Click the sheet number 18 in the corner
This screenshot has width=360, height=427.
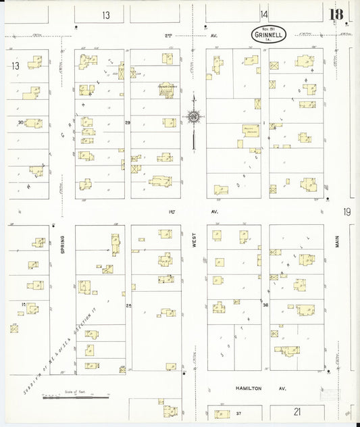(336, 14)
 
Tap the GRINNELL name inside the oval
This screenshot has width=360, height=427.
(269, 33)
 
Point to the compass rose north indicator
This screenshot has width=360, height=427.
(194, 119)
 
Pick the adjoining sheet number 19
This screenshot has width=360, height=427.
(346, 212)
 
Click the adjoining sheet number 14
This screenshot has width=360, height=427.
(263, 14)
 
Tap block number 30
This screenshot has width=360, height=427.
(21, 122)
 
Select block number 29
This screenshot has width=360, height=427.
(128, 122)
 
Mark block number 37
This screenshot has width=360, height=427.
(238, 412)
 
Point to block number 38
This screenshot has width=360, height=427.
(265, 305)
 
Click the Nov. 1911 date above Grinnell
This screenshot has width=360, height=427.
(269, 27)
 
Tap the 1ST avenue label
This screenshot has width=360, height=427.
(171, 211)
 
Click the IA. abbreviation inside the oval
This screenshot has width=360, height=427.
(269, 39)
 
